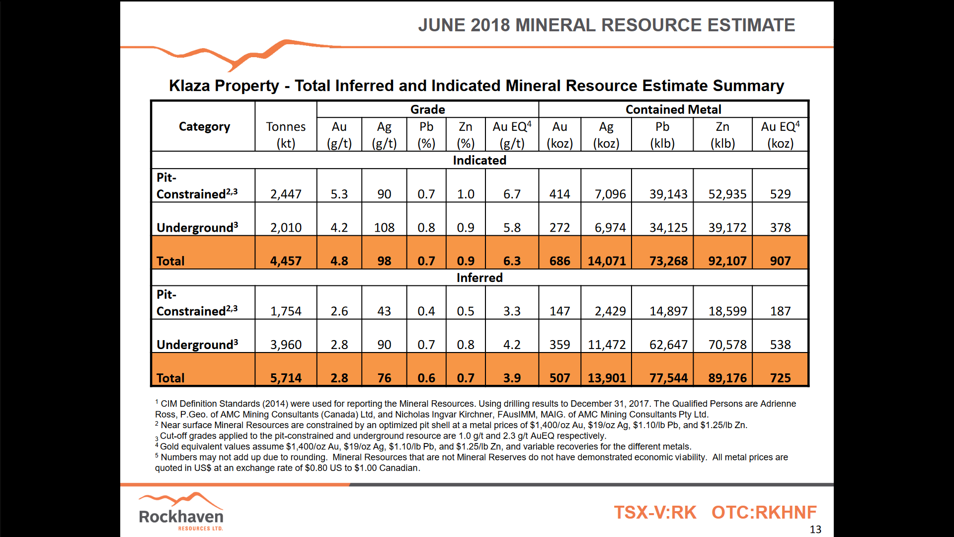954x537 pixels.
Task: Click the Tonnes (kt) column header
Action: pyautogui.click(x=286, y=134)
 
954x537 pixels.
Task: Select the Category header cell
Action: pyautogui.click(x=204, y=126)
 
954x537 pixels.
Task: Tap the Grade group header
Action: pyautogui.click(x=427, y=109)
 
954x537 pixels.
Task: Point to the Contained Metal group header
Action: pyautogui.click(x=673, y=109)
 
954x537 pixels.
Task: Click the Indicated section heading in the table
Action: pyautogui.click(x=479, y=160)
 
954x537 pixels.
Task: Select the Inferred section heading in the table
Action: pyautogui.click(x=479, y=277)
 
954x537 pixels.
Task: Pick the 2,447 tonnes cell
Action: pyautogui.click(x=286, y=194)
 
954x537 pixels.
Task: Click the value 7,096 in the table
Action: pyautogui.click(x=610, y=194)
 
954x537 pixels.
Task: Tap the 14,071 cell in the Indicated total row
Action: pyautogui.click(x=607, y=261)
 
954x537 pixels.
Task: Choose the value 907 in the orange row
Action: pyautogui.click(x=780, y=261)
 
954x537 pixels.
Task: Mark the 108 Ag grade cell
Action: pyautogui.click(x=384, y=228)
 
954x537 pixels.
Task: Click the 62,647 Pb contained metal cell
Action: pyautogui.click(x=668, y=345)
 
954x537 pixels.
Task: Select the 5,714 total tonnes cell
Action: pyautogui.click(x=286, y=378)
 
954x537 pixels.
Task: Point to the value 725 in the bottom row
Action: pyautogui.click(x=780, y=378)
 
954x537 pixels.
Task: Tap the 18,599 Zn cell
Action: pyautogui.click(x=727, y=311)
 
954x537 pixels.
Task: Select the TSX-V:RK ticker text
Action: pyautogui.click(x=655, y=512)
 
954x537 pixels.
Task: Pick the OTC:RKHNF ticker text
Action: pyautogui.click(x=764, y=512)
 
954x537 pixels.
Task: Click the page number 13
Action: pyautogui.click(x=815, y=530)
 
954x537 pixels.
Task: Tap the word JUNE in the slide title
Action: pyautogui.click(x=441, y=25)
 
